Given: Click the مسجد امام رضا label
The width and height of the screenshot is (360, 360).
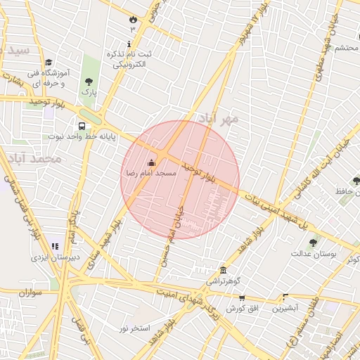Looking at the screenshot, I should (150, 172).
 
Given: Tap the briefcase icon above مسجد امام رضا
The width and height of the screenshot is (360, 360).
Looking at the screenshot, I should (151, 163).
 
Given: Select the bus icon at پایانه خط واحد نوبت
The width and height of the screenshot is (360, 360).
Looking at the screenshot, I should (82, 127).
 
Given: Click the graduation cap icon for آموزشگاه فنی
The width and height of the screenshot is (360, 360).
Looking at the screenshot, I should (49, 63).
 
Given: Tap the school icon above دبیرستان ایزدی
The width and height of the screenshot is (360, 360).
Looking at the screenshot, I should (55, 247).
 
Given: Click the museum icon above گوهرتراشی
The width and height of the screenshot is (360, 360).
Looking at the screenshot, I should (223, 271).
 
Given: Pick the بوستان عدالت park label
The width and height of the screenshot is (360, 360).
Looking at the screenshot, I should (314, 253).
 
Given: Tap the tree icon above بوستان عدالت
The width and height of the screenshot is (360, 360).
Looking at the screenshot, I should (313, 243).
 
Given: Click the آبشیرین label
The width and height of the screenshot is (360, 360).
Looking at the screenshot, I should (286, 307).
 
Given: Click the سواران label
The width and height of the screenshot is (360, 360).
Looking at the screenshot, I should (32, 292).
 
